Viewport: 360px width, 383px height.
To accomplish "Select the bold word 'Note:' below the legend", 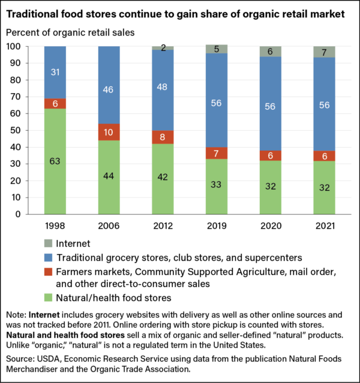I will click(x=20, y=313).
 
